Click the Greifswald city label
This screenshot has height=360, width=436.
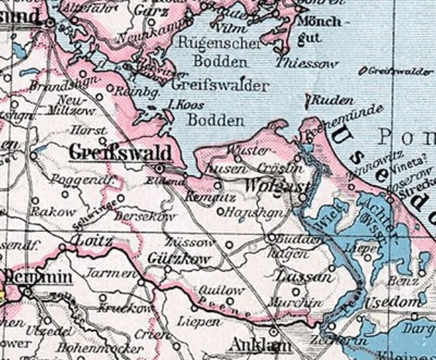coord(120,153)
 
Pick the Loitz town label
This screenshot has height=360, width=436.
coord(92,241)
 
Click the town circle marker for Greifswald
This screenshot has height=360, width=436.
coord(159,168)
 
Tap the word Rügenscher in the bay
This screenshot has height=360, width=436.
coord(209,43)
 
